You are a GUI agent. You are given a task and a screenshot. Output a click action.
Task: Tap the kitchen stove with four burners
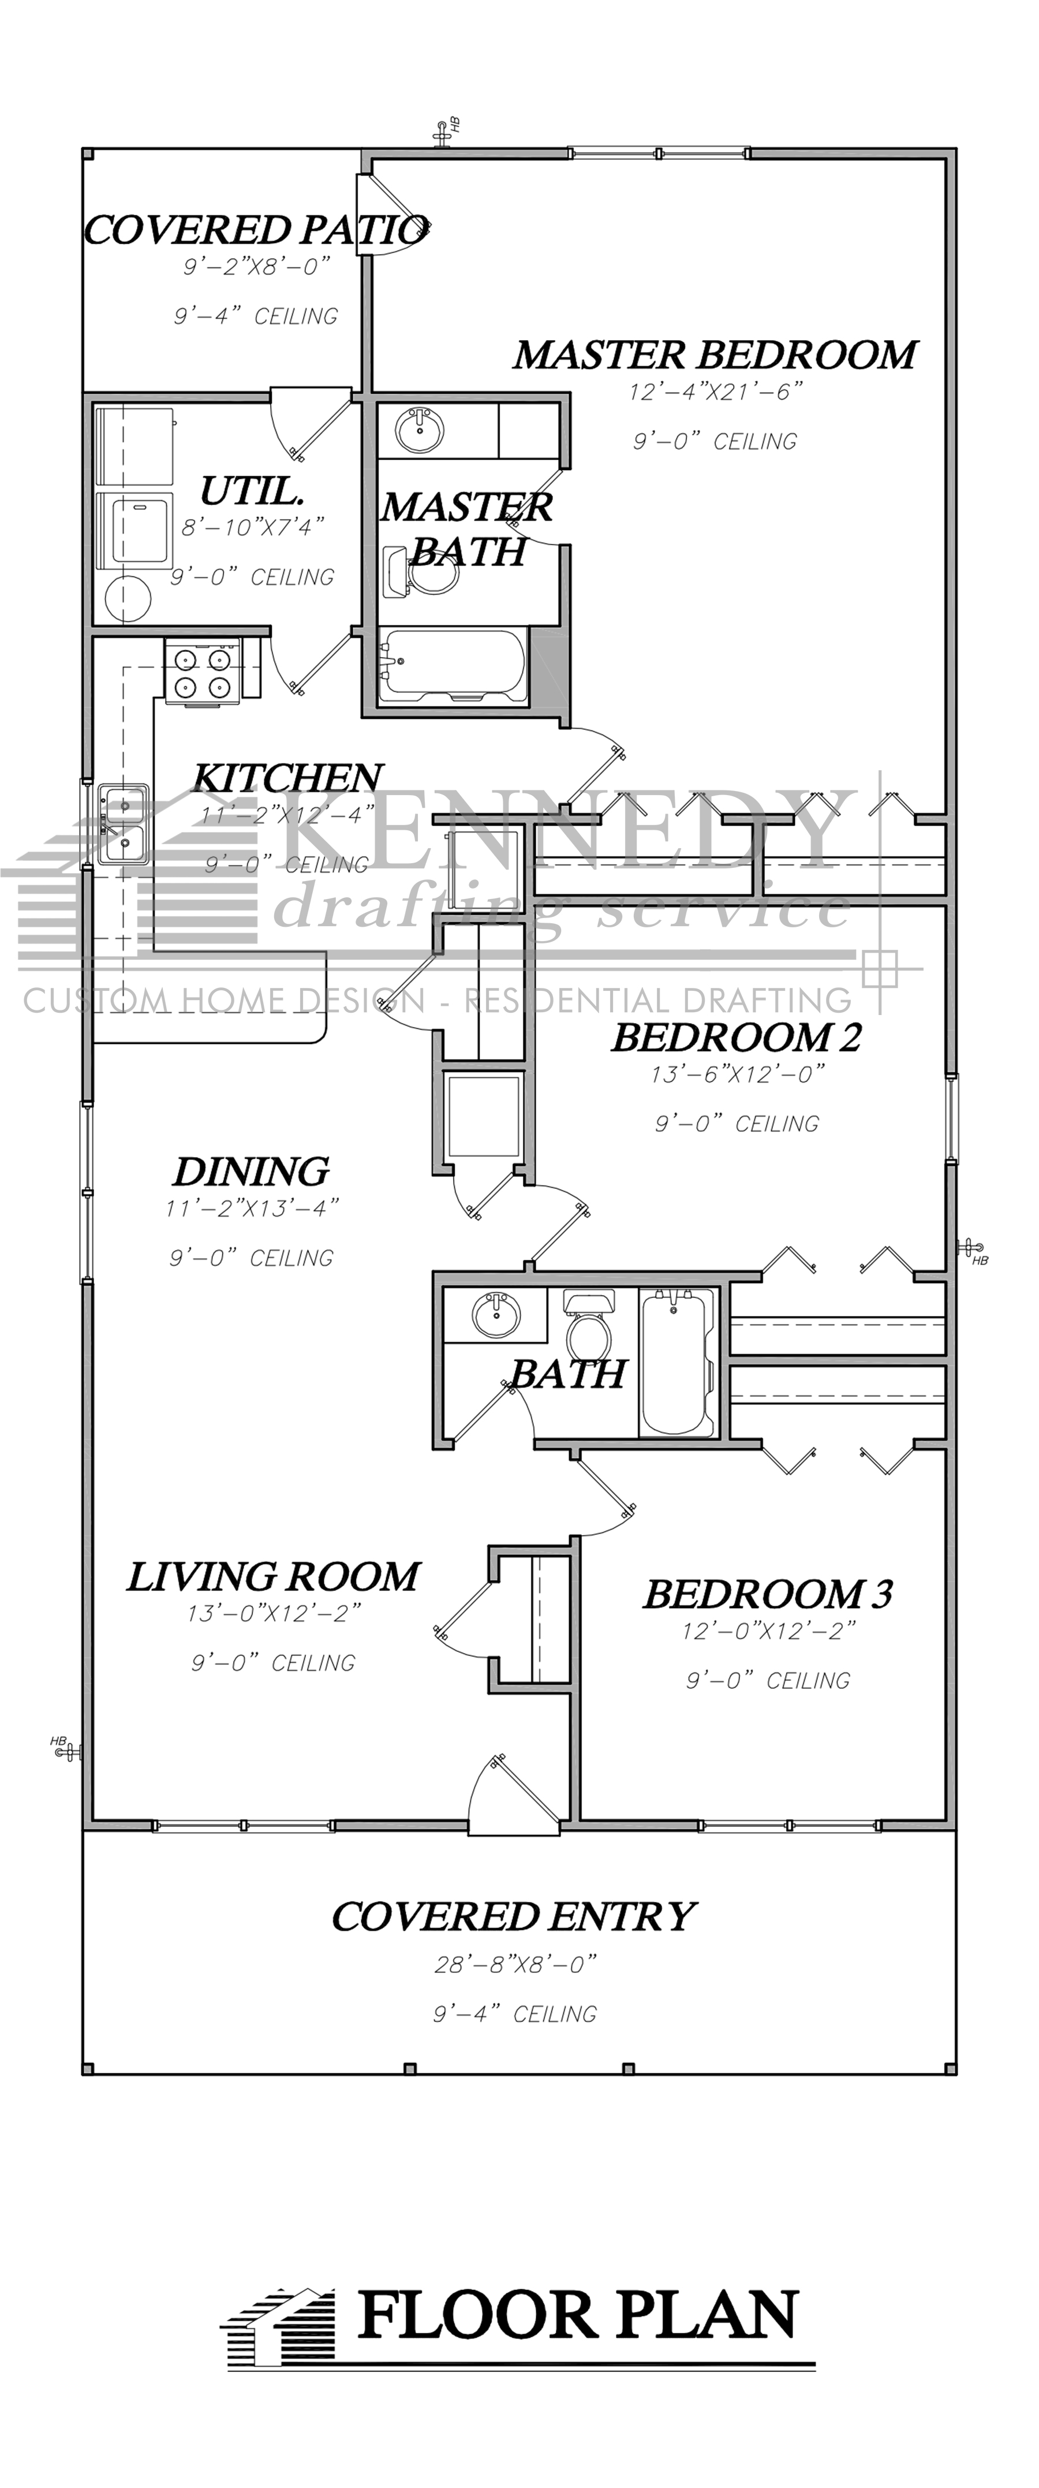(x=200, y=672)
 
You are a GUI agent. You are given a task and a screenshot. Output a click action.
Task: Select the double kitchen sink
(x=122, y=823)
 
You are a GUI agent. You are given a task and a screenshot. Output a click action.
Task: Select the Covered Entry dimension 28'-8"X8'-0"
(x=515, y=1964)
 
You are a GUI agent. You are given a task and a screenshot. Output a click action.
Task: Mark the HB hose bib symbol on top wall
(x=446, y=130)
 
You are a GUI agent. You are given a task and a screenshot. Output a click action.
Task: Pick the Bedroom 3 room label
(x=768, y=1594)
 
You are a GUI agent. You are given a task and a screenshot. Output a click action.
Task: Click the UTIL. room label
(x=252, y=491)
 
